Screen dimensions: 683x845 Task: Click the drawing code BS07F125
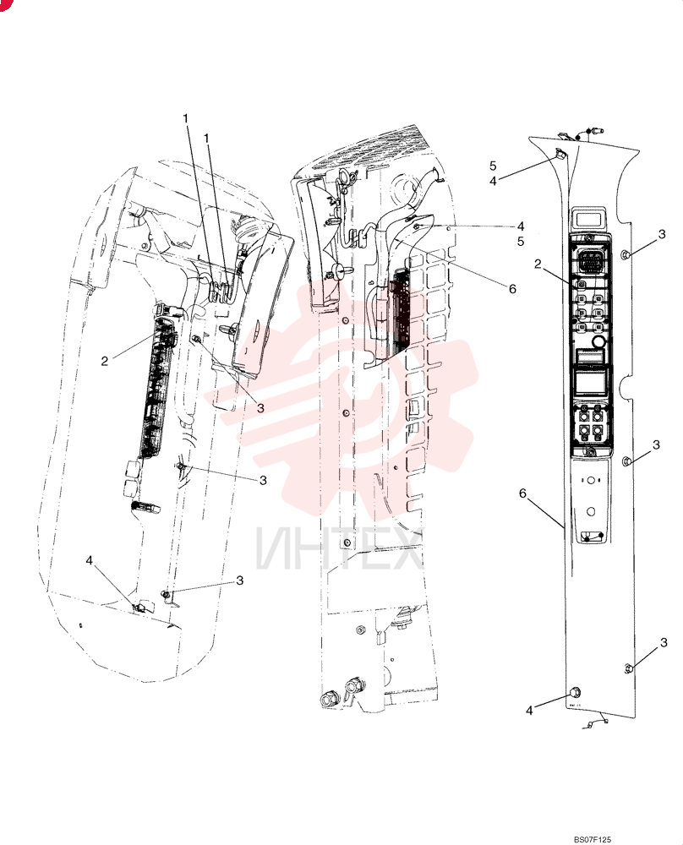592,840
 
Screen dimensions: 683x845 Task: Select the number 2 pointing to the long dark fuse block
105,361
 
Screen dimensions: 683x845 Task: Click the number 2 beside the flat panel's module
538,264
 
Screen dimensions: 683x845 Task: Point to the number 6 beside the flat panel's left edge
522,493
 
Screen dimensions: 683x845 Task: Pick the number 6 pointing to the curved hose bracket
512,289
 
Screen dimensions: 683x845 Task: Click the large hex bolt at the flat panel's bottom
575,693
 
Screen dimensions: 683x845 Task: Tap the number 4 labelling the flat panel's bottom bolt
529,711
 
